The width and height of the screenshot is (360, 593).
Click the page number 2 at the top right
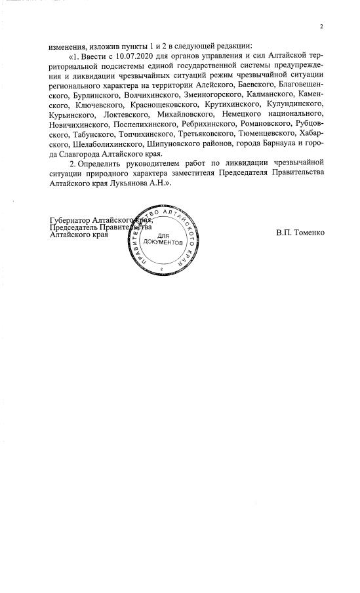(x=322, y=27)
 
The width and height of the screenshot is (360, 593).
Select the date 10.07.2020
(x=118, y=58)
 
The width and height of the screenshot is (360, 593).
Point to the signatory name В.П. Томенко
(x=300, y=233)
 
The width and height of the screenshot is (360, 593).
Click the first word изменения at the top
(x=67, y=46)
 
